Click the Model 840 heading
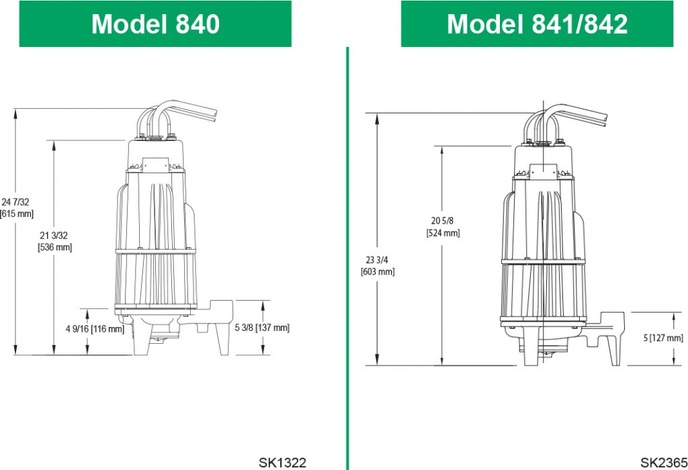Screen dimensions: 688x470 click(x=155, y=23)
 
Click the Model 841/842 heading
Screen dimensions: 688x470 click(x=537, y=23)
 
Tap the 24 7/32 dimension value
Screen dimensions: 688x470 click(x=16, y=202)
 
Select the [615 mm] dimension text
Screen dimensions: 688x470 click(x=17, y=214)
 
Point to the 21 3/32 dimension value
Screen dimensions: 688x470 click(x=54, y=236)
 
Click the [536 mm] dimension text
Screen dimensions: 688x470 click(x=55, y=247)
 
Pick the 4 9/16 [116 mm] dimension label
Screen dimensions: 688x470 click(x=95, y=329)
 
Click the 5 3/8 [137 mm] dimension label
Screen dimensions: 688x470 click(x=262, y=328)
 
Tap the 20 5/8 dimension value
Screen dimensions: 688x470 click(x=442, y=221)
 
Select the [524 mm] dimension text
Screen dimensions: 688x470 click(x=443, y=233)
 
